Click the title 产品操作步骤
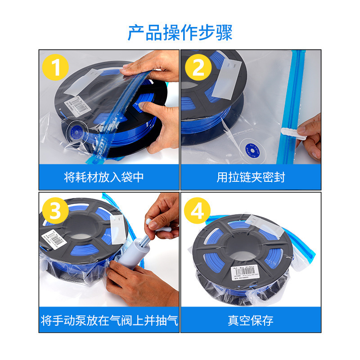coord(180,32)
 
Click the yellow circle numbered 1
coord(55,68)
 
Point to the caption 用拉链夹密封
coord(251,177)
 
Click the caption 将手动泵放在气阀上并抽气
coord(109,320)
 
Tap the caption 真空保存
coord(251,320)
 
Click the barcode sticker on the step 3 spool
coord(54,238)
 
